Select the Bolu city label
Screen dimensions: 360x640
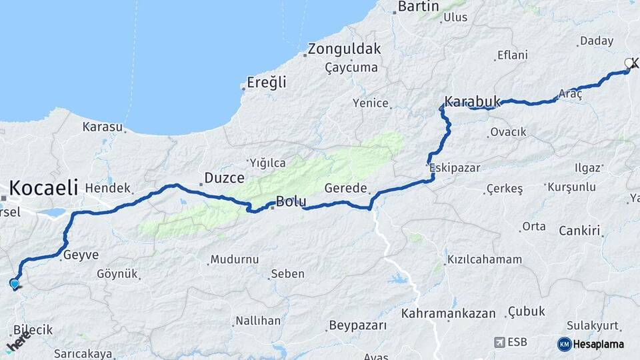pos(291,201)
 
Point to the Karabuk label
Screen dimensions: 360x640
pos(473,101)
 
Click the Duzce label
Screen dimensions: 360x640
pos(224,178)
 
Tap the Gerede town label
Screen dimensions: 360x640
pos(346,189)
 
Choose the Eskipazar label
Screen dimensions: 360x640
pos(455,167)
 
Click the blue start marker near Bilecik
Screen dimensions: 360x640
pos(14,284)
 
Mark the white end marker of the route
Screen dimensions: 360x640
pos(628,63)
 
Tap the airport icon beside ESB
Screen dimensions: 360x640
pos(499,342)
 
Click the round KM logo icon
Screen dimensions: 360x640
pos(564,344)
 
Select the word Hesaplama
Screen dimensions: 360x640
pos(599,344)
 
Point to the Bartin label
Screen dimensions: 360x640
pos(419,7)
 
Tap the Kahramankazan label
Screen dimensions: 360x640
pos(449,313)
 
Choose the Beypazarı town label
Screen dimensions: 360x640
pos(357,326)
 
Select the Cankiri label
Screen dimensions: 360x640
pos(580,231)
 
